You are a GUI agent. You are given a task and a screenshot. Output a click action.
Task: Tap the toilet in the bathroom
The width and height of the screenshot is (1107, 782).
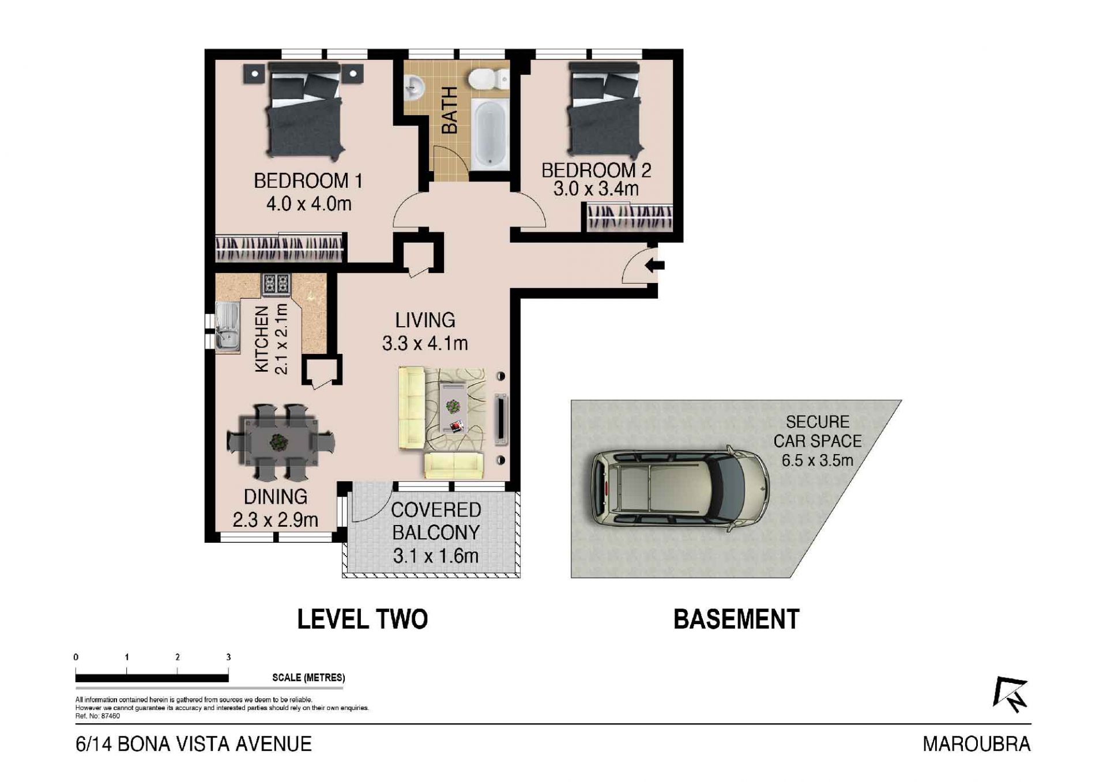click(x=488, y=79)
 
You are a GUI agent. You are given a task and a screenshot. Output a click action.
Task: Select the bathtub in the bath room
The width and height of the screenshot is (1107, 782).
click(x=490, y=134)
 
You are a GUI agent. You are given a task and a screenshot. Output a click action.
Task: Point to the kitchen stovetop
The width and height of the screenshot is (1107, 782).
click(x=276, y=284)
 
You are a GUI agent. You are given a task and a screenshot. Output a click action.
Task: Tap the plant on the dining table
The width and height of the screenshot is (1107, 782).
click(x=279, y=442)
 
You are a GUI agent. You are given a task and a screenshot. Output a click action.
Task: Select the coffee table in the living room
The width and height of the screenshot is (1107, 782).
click(x=453, y=407)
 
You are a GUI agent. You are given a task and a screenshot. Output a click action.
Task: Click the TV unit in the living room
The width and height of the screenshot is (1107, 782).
click(x=500, y=419)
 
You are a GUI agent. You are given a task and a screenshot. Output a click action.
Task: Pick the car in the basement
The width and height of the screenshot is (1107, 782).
click(x=680, y=489)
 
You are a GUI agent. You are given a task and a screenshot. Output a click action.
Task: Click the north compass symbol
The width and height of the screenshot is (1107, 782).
click(x=1011, y=694)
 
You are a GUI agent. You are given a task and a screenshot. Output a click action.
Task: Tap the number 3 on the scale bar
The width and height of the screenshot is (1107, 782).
click(x=228, y=657)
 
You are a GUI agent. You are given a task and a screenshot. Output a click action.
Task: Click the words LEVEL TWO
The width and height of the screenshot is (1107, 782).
click(x=362, y=619)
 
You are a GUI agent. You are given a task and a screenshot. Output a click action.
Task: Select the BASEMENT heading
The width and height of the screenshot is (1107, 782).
click(x=736, y=619)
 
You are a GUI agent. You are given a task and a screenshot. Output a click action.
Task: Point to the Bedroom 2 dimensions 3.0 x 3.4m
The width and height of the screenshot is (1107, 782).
click(x=596, y=189)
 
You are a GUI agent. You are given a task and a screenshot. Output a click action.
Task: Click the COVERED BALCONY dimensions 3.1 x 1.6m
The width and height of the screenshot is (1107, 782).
click(x=436, y=556)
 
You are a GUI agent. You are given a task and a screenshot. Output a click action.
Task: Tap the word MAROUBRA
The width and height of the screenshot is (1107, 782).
click(x=977, y=744)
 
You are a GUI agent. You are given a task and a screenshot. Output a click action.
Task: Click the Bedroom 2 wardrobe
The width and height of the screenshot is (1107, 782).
click(x=630, y=218)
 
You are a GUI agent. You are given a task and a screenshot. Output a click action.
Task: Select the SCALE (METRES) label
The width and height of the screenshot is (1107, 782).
click(x=308, y=678)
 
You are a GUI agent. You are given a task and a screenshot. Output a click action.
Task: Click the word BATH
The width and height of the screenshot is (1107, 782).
click(x=449, y=110)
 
